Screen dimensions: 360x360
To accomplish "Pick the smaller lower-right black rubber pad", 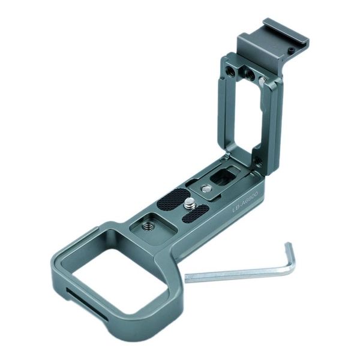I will point(199,212).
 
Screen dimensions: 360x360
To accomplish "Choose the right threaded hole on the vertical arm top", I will point(247,73).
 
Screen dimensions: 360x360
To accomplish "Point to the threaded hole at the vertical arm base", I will point(258,161).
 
